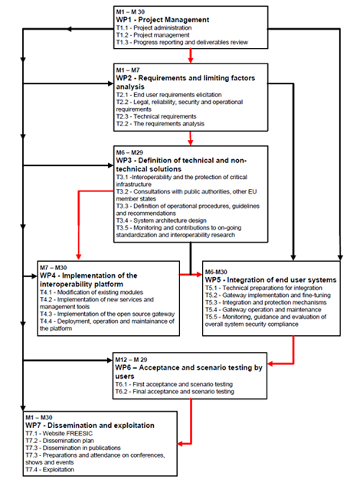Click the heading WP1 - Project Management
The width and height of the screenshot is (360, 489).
162,20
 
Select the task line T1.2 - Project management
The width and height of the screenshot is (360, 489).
152,35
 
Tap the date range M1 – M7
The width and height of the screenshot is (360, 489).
128,70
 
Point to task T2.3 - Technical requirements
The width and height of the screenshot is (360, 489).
156,116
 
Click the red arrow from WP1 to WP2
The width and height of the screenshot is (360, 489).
191,56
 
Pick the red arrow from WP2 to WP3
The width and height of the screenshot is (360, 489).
191,139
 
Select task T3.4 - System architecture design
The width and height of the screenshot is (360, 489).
161,220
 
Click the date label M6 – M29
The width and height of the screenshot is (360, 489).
129,152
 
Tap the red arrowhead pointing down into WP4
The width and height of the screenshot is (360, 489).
79,256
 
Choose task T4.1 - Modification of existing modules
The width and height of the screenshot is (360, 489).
91,292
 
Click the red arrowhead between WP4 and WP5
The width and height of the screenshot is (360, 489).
199,275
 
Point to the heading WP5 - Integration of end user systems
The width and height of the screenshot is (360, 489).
270,280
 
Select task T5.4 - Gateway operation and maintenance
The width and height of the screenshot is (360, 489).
263,310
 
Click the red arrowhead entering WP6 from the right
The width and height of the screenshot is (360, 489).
270,363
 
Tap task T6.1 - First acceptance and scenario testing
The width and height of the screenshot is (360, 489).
174,384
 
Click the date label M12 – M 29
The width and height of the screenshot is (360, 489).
131,360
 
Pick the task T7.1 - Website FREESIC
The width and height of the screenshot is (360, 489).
59,433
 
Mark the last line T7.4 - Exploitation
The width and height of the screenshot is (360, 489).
50,470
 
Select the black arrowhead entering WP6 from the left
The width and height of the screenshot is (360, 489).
110,360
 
